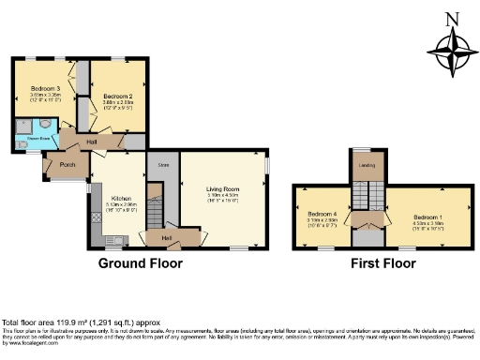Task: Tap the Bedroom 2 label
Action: tap(117, 97)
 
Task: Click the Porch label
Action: tap(67, 164)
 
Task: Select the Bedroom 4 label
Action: tap(321, 216)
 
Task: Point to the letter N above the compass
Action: tap(453, 19)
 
